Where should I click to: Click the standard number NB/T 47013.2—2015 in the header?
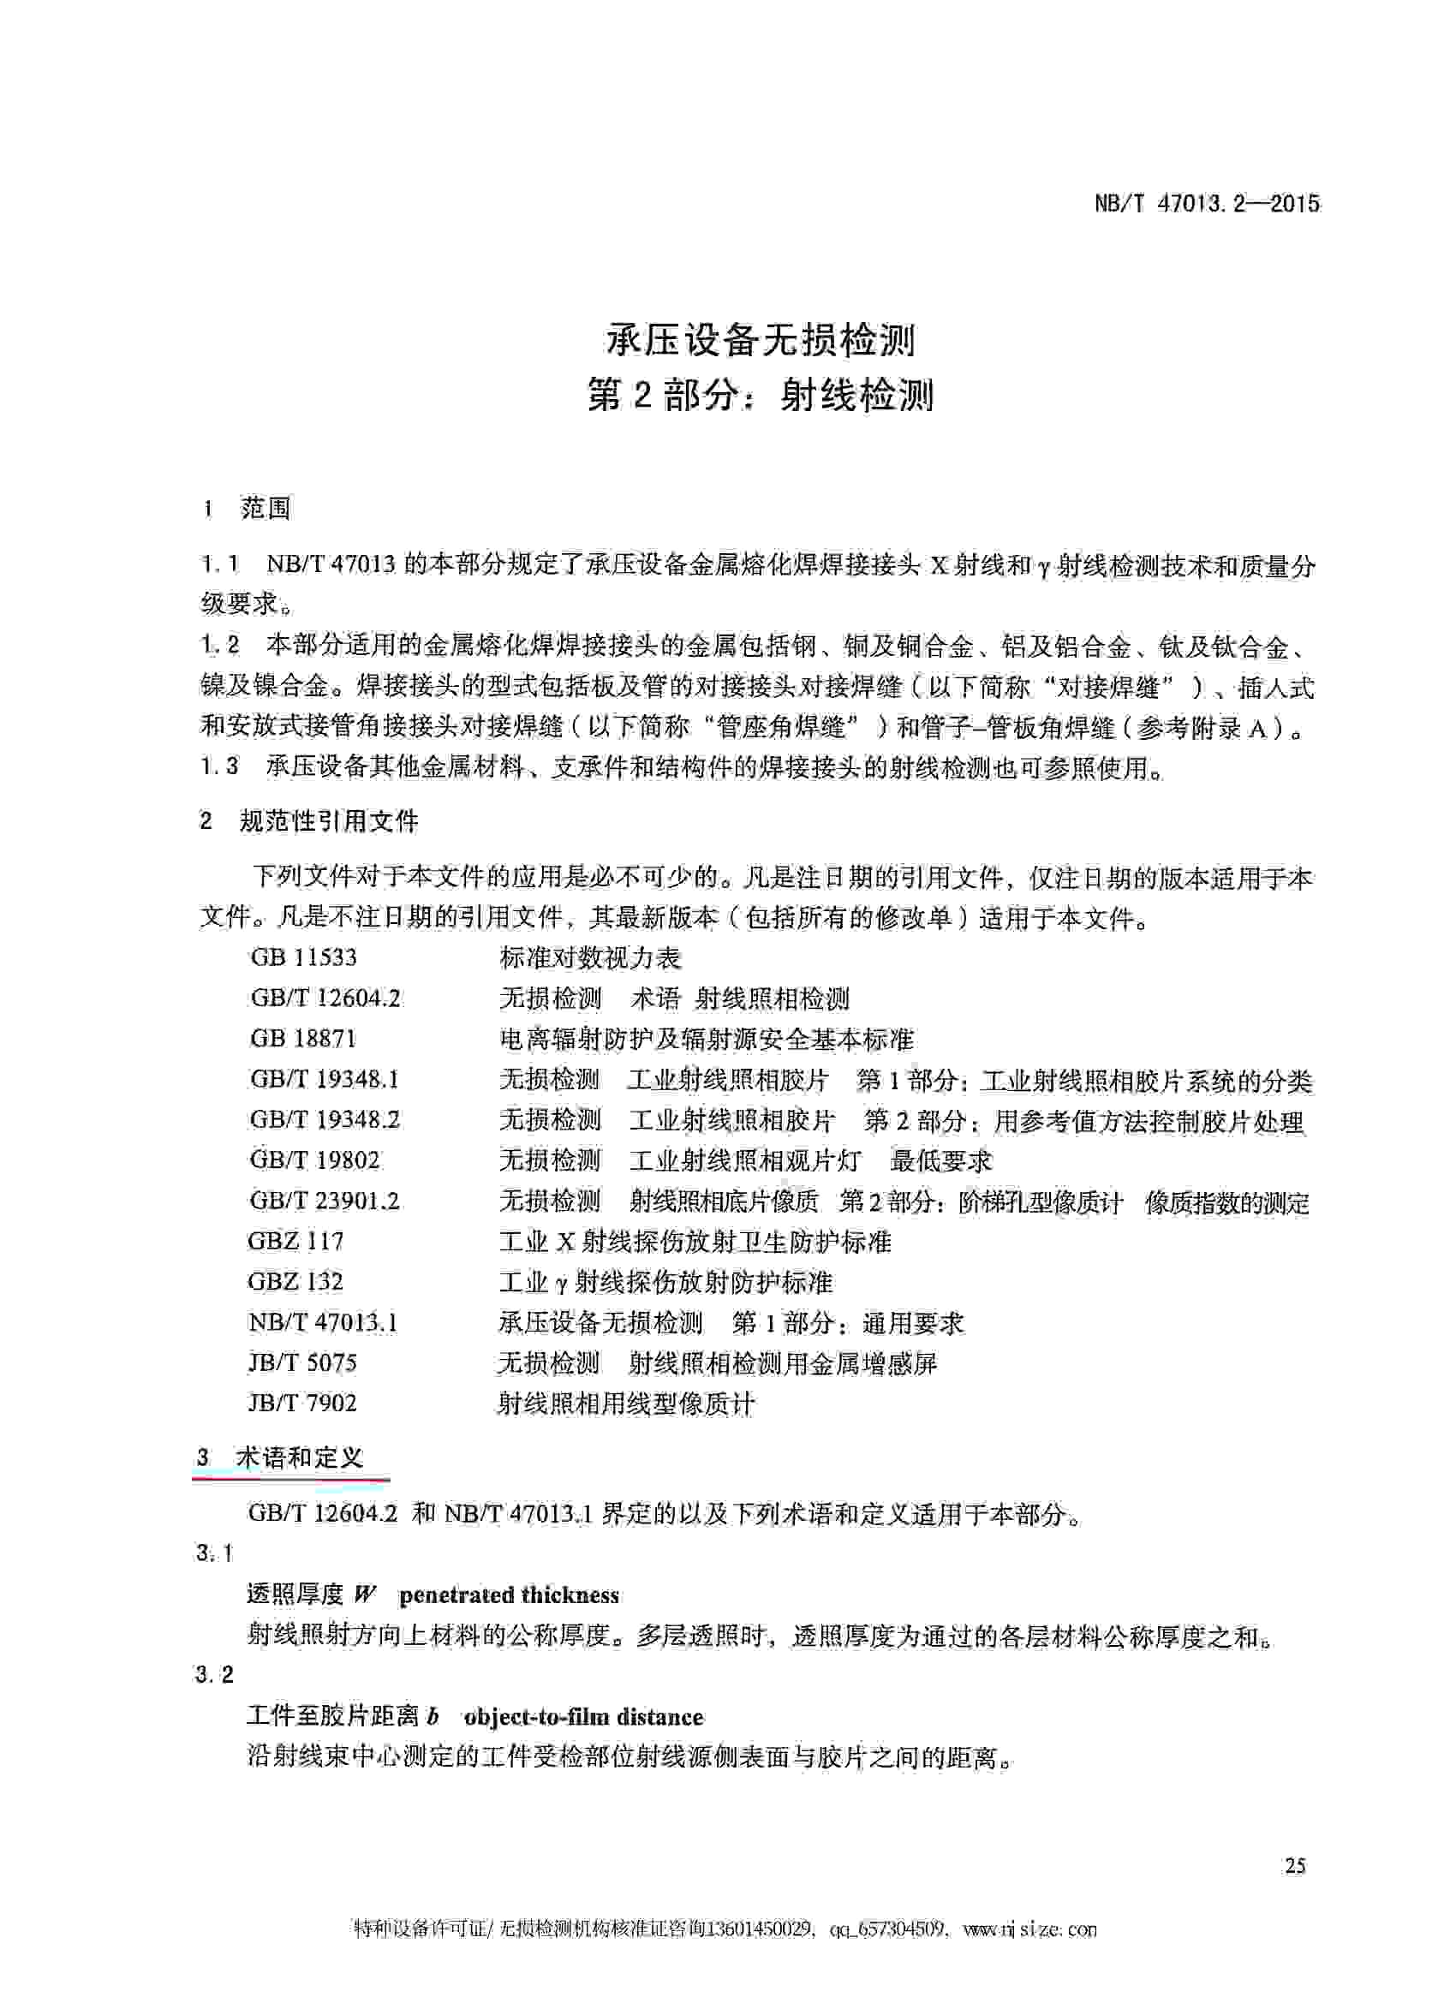point(1206,204)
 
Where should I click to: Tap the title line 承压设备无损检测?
point(761,340)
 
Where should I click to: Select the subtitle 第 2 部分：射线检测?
point(761,396)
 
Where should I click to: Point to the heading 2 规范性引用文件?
point(309,821)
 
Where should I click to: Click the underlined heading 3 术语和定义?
point(281,1458)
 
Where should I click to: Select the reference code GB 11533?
point(304,957)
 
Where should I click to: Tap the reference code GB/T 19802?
point(314,1159)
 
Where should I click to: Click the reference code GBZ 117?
point(295,1241)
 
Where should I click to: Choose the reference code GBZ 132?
point(295,1281)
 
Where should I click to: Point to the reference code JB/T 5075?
point(302,1362)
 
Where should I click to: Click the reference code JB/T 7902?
point(302,1404)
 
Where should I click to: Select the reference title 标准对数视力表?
point(590,958)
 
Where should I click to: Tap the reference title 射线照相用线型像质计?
point(626,1404)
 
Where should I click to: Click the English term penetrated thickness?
point(509,1596)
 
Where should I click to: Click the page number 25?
point(1295,1866)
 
